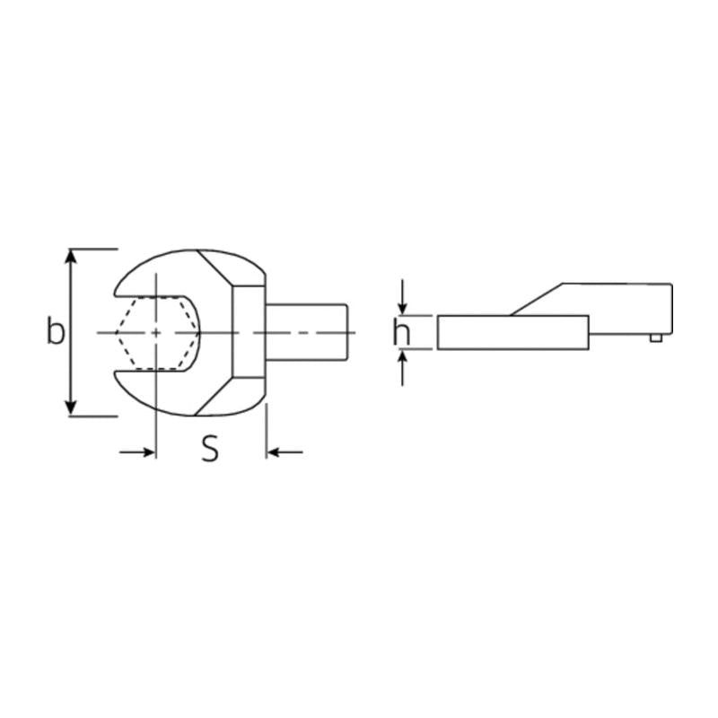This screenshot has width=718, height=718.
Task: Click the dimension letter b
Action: click(56, 331)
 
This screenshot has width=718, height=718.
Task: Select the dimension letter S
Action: click(209, 450)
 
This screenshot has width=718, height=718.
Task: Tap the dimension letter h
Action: click(402, 333)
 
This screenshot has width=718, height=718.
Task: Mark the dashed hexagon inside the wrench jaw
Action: click(157, 332)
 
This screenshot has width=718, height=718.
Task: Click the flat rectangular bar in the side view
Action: click(512, 332)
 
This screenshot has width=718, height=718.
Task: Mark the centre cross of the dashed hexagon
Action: click(156, 332)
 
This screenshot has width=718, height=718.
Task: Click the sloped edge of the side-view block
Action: click(537, 300)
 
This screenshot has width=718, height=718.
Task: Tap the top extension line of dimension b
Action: click(94, 248)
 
